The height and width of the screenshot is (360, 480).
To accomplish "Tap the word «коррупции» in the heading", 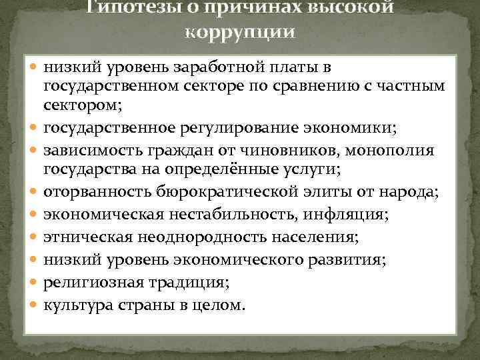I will coord(240,33).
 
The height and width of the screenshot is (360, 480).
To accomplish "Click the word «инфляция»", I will coord(363,215).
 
